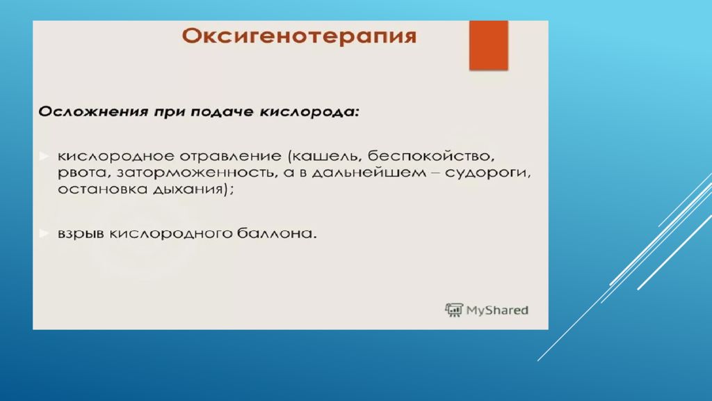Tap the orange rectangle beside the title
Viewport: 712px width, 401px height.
pos(488,45)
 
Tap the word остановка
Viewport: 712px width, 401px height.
pos(95,191)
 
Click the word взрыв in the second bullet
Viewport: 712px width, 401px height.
pos(79,234)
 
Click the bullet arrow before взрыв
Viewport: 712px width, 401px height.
pos(43,233)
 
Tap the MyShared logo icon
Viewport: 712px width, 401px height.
pos(454,310)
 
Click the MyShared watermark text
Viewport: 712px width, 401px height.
pos(497,310)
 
